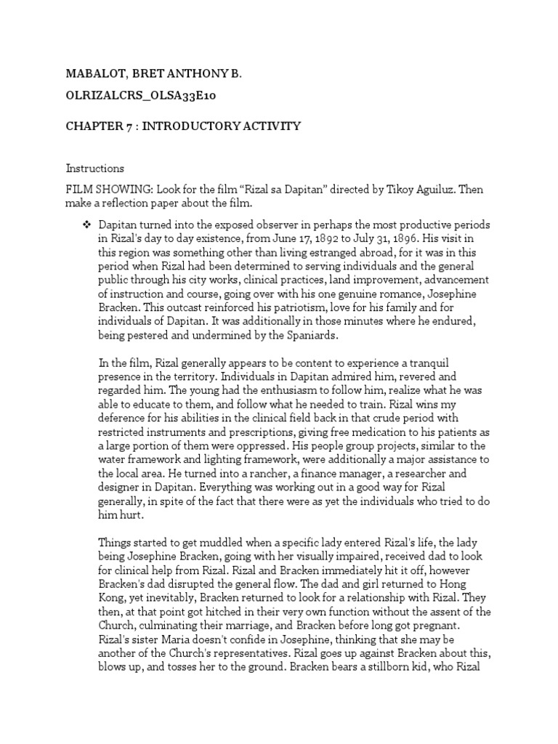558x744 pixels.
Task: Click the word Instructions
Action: point(95,168)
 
